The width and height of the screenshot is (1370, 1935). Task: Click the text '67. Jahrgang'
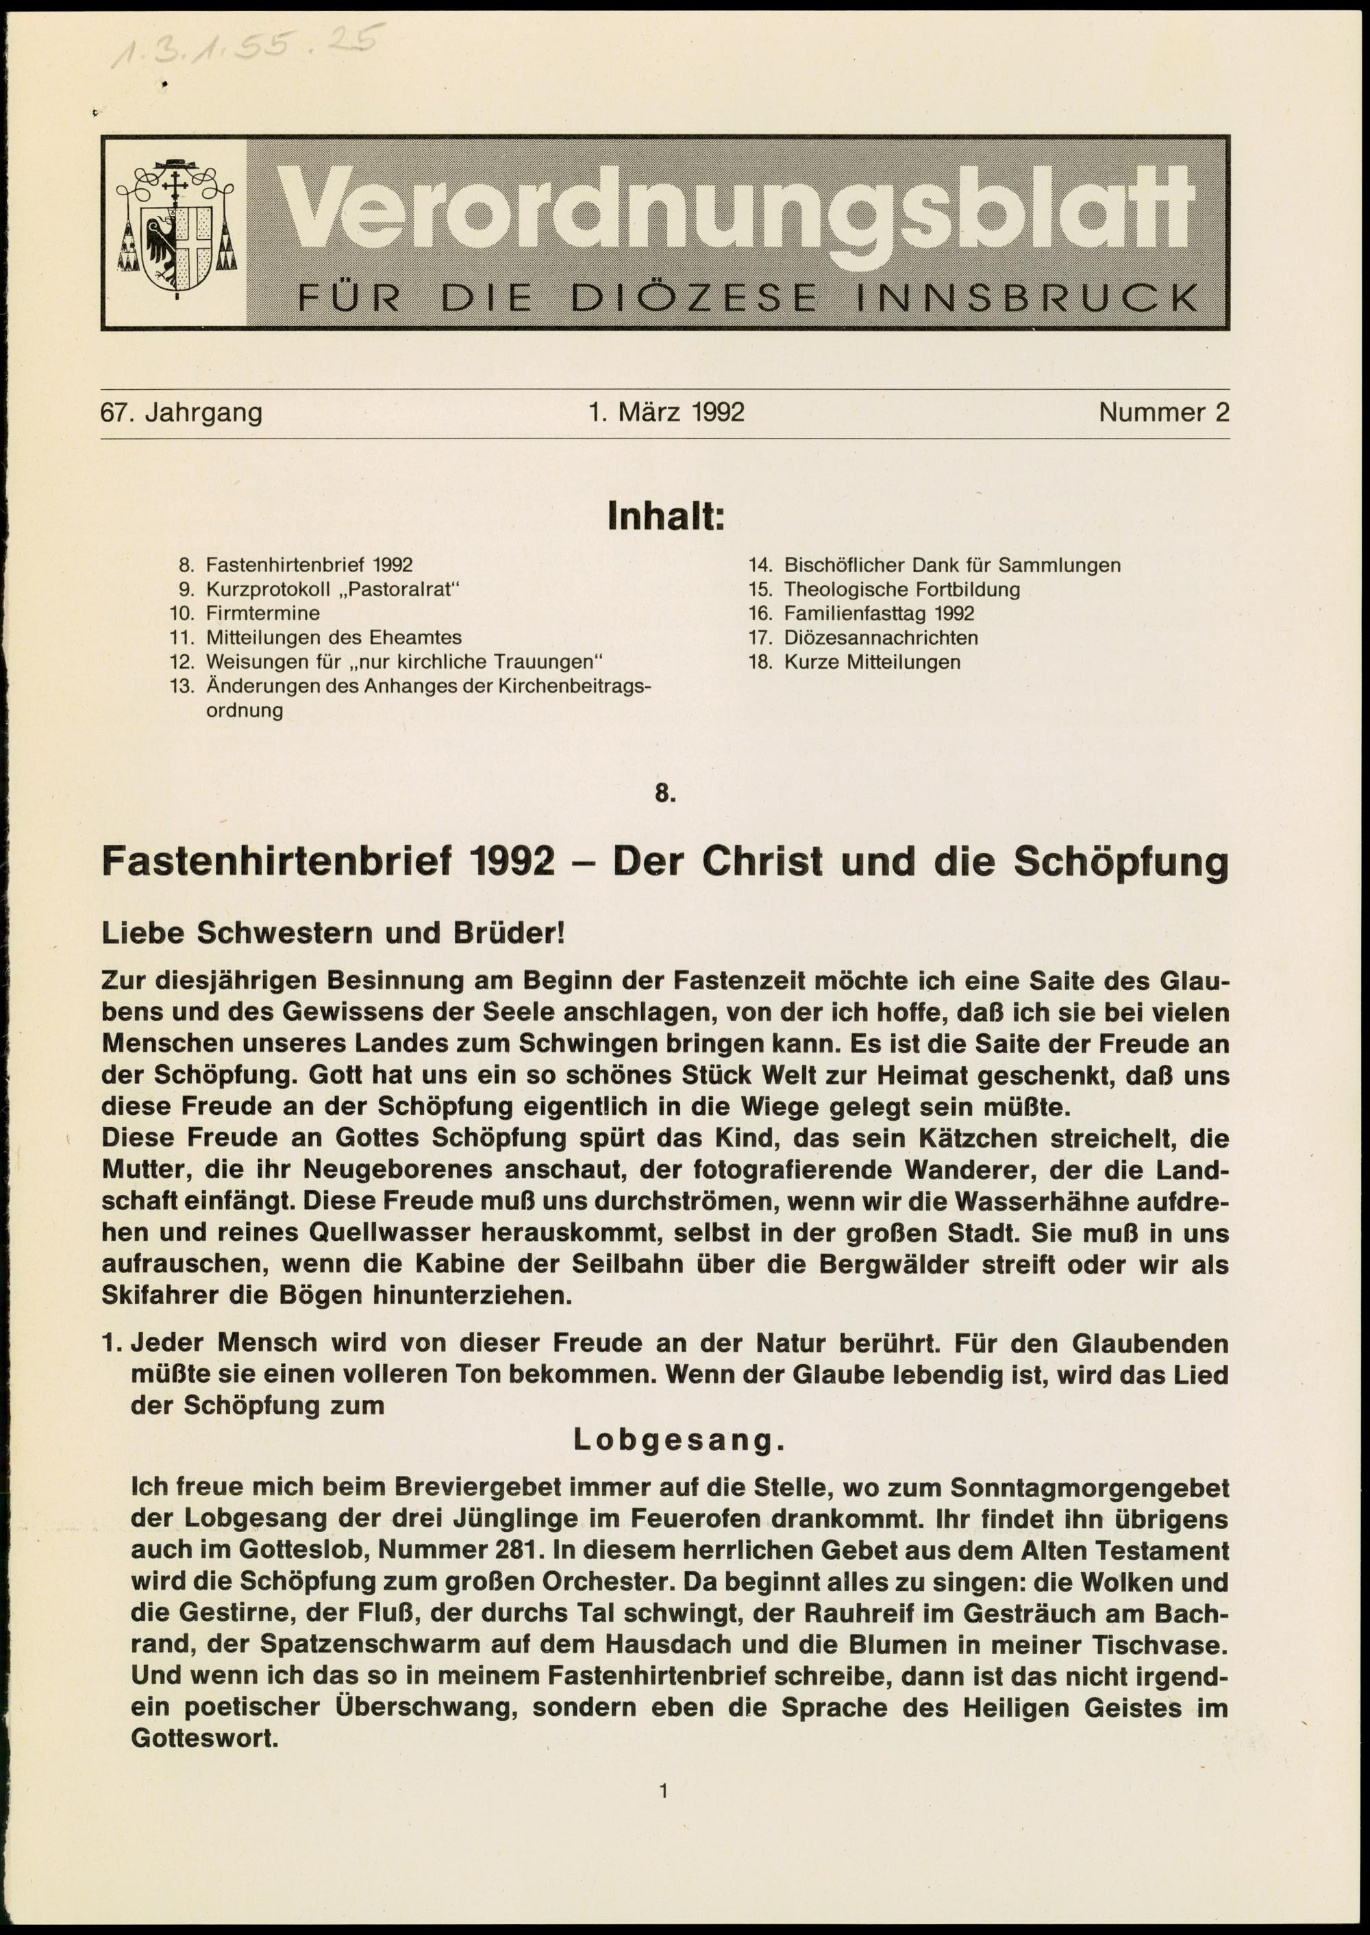coord(182,412)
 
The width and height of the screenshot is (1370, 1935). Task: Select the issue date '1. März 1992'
coord(667,412)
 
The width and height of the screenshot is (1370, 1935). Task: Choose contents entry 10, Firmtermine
coord(262,613)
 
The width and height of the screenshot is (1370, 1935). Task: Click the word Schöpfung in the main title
coord(1120,861)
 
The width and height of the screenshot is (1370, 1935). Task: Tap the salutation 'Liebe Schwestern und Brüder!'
coord(332,933)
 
